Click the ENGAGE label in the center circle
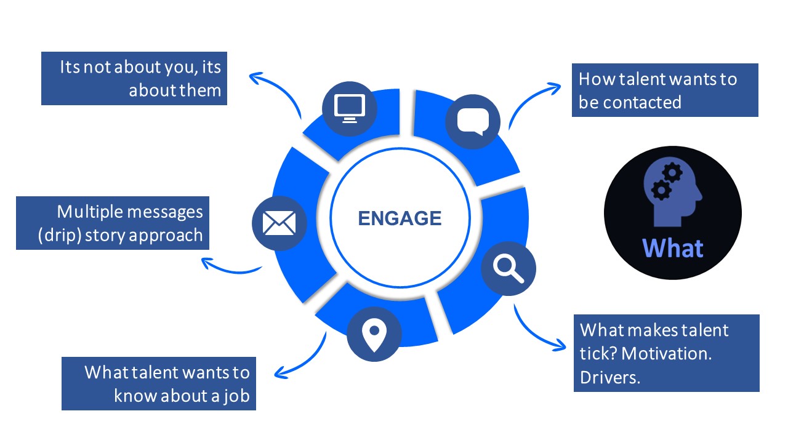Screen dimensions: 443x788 [x=400, y=218]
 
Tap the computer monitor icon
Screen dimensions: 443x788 [x=349, y=108]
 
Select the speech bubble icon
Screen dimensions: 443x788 [x=473, y=121]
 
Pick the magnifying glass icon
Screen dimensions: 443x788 [x=508, y=269]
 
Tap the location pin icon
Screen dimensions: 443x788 [x=374, y=335]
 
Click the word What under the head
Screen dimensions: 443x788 [x=672, y=249]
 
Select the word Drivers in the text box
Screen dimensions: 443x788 [x=610, y=377]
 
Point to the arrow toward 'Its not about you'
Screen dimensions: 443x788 [x=274, y=90]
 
